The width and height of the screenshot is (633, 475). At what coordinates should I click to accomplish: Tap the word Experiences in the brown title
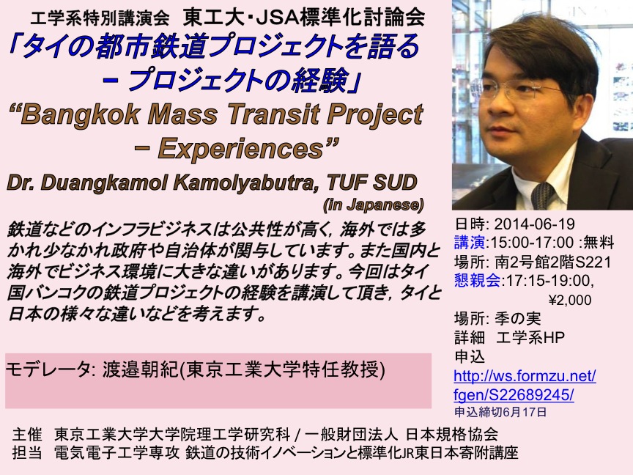click(x=240, y=148)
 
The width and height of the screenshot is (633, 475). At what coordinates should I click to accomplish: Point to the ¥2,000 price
click(x=569, y=300)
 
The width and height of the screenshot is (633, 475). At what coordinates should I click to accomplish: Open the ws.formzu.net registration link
click(x=525, y=386)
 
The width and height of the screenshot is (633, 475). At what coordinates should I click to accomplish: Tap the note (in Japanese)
click(x=373, y=205)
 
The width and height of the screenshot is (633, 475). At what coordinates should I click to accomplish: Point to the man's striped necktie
click(x=543, y=196)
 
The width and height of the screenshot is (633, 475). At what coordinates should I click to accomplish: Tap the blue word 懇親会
click(x=477, y=280)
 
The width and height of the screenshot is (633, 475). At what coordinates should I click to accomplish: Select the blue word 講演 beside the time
click(x=469, y=243)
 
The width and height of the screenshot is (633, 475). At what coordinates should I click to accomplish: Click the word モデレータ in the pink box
click(x=48, y=369)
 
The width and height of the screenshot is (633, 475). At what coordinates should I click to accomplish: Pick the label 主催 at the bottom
click(x=27, y=434)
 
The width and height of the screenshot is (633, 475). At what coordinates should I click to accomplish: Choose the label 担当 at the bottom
click(x=27, y=452)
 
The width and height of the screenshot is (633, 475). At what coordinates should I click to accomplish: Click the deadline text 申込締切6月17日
click(x=500, y=412)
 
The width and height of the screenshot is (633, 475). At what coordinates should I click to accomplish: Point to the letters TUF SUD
click(x=371, y=183)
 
